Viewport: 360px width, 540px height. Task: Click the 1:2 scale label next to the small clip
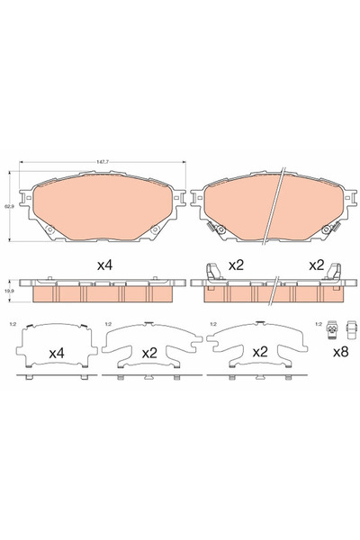point(317,324)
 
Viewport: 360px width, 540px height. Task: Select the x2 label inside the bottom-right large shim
point(256,352)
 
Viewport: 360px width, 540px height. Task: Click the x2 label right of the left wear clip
point(237,266)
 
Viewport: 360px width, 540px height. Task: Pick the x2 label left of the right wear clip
point(314,266)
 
